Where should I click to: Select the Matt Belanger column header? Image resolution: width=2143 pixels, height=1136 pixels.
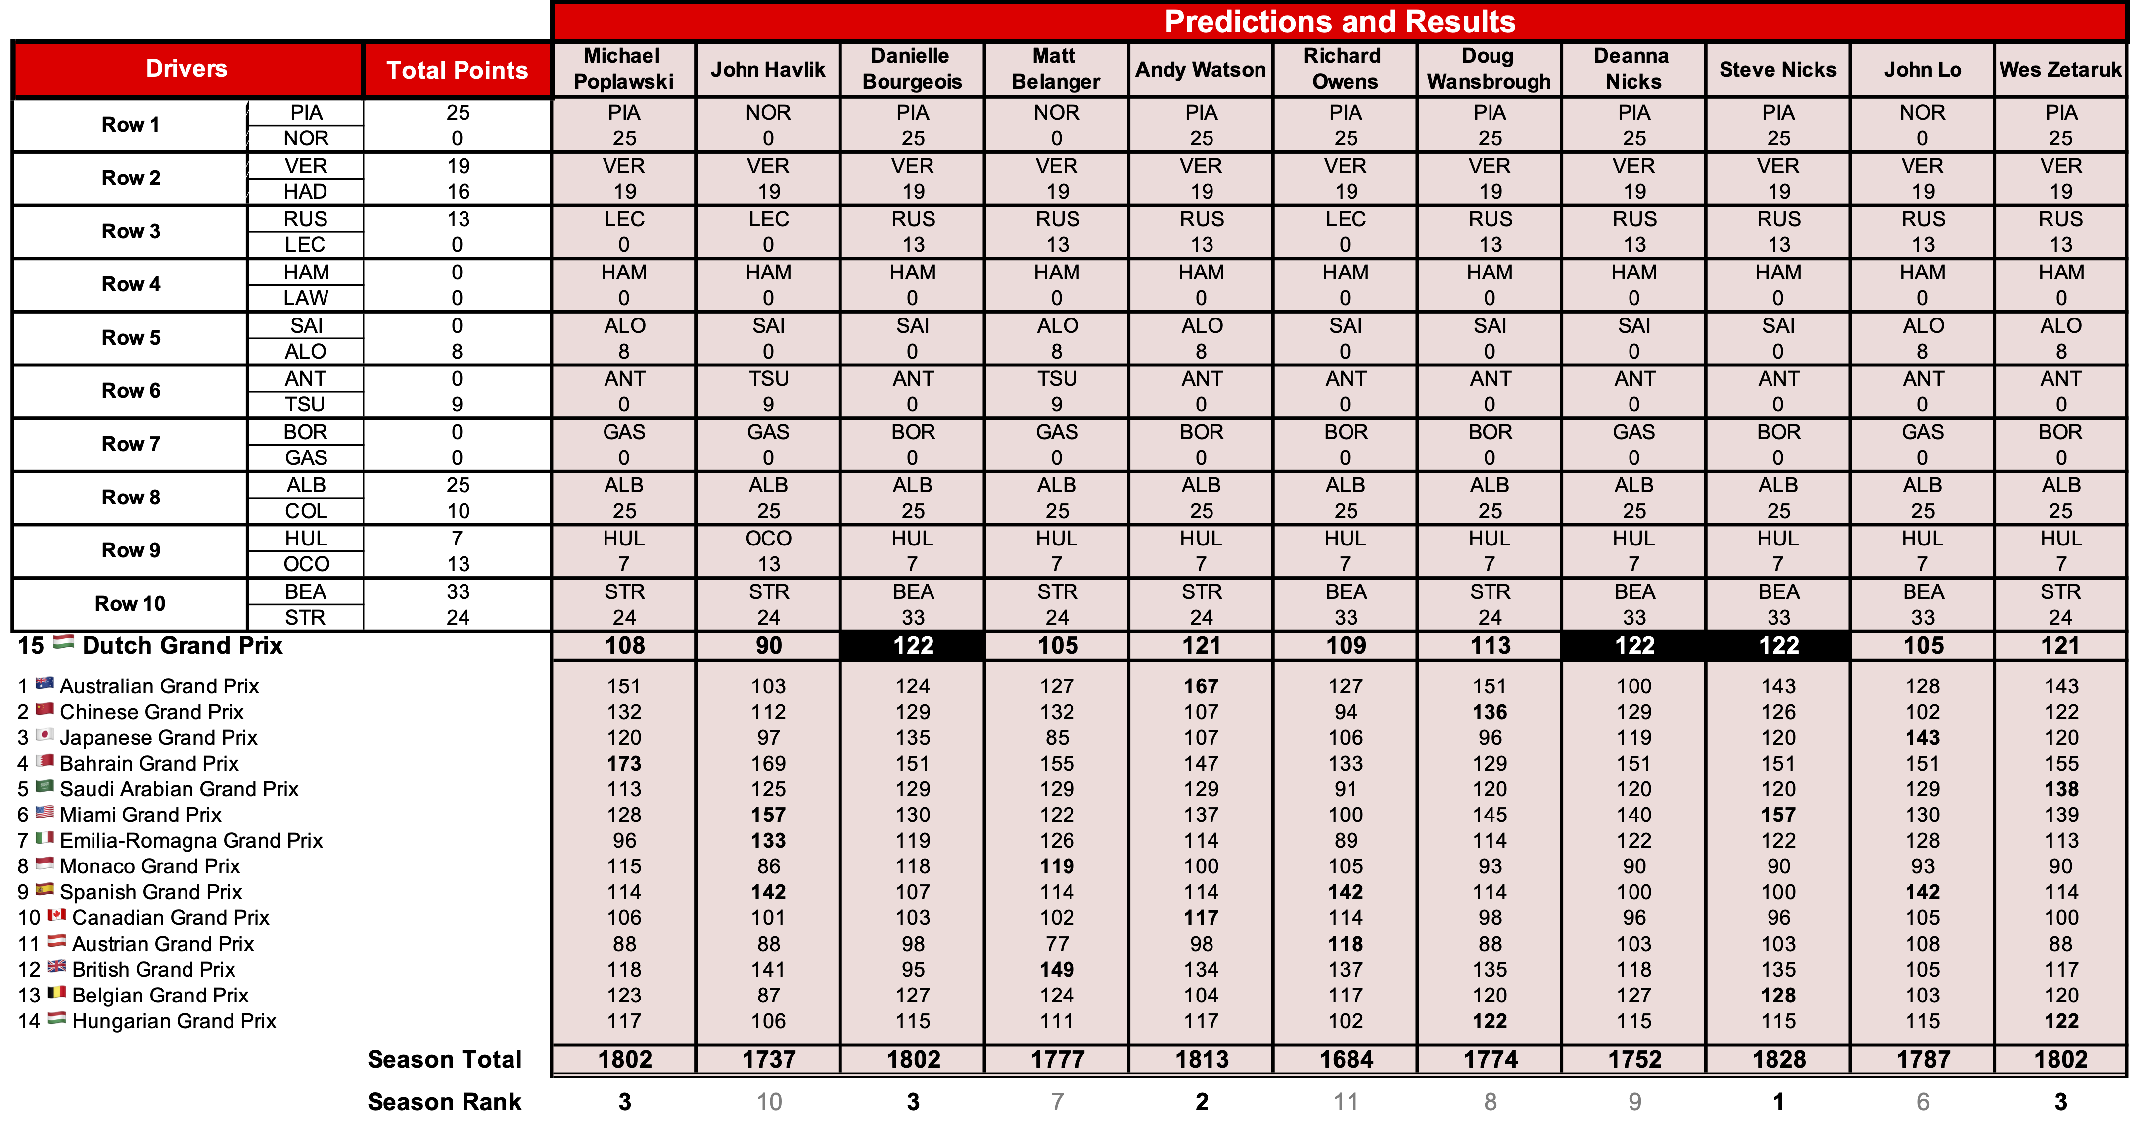tap(1056, 69)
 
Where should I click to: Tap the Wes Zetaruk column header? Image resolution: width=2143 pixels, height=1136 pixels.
tap(2060, 70)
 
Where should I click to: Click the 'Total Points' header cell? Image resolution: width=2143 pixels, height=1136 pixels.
tap(457, 70)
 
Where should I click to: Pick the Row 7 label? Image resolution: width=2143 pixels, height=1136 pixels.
tap(131, 444)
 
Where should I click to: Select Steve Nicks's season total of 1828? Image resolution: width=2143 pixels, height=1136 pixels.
tap(1778, 1059)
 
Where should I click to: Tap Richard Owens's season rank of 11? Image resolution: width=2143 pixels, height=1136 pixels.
tap(1345, 1102)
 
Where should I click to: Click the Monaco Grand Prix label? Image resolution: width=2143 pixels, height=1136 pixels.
tap(150, 866)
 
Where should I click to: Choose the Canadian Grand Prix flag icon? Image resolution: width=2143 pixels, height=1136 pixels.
tap(56, 915)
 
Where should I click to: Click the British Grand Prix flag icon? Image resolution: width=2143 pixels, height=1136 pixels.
tap(56, 967)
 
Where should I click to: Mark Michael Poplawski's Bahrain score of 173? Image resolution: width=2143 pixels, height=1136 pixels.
tap(624, 764)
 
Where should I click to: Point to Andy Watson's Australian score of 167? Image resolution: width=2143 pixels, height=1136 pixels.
tap(1201, 686)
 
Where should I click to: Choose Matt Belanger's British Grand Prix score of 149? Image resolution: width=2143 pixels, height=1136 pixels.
tap(1057, 970)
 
